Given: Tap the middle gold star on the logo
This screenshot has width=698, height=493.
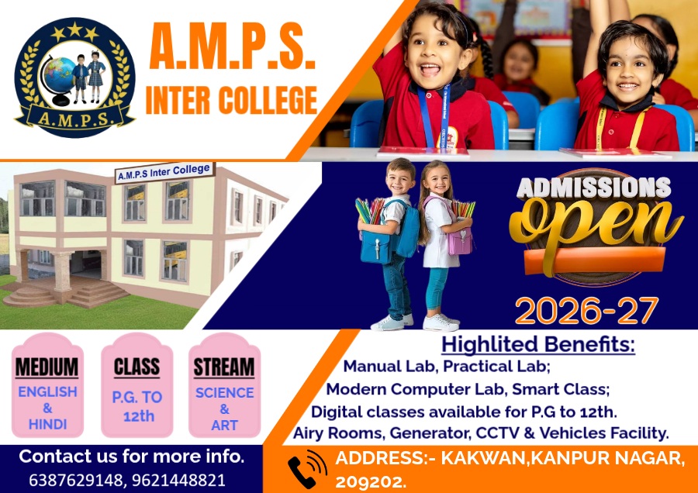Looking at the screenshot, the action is click(74, 29).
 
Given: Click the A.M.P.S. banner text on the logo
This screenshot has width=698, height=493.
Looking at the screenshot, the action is click(74, 119).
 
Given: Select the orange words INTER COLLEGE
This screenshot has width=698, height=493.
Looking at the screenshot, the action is click(231, 100).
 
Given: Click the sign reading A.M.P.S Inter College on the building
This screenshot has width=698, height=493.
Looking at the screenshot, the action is click(164, 172).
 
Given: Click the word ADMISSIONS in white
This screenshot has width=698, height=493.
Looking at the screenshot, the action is click(593, 188).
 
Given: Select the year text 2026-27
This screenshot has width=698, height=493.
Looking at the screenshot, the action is click(587, 310).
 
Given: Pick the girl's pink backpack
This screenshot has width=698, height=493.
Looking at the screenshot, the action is click(460, 241).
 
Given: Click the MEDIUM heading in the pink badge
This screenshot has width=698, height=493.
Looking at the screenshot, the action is click(47, 367).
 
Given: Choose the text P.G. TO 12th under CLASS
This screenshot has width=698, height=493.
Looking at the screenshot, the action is click(137, 406).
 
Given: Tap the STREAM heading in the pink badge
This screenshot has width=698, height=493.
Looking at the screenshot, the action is click(224, 367).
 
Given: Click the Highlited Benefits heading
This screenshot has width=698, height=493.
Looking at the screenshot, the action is click(538, 344).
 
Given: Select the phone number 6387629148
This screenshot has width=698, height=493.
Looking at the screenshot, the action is click(75, 480).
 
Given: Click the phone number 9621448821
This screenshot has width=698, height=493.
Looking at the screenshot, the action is click(178, 480).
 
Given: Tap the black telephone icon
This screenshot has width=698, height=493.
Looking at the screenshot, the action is click(306, 470).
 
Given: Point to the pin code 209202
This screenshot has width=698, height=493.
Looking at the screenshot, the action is click(371, 481).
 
